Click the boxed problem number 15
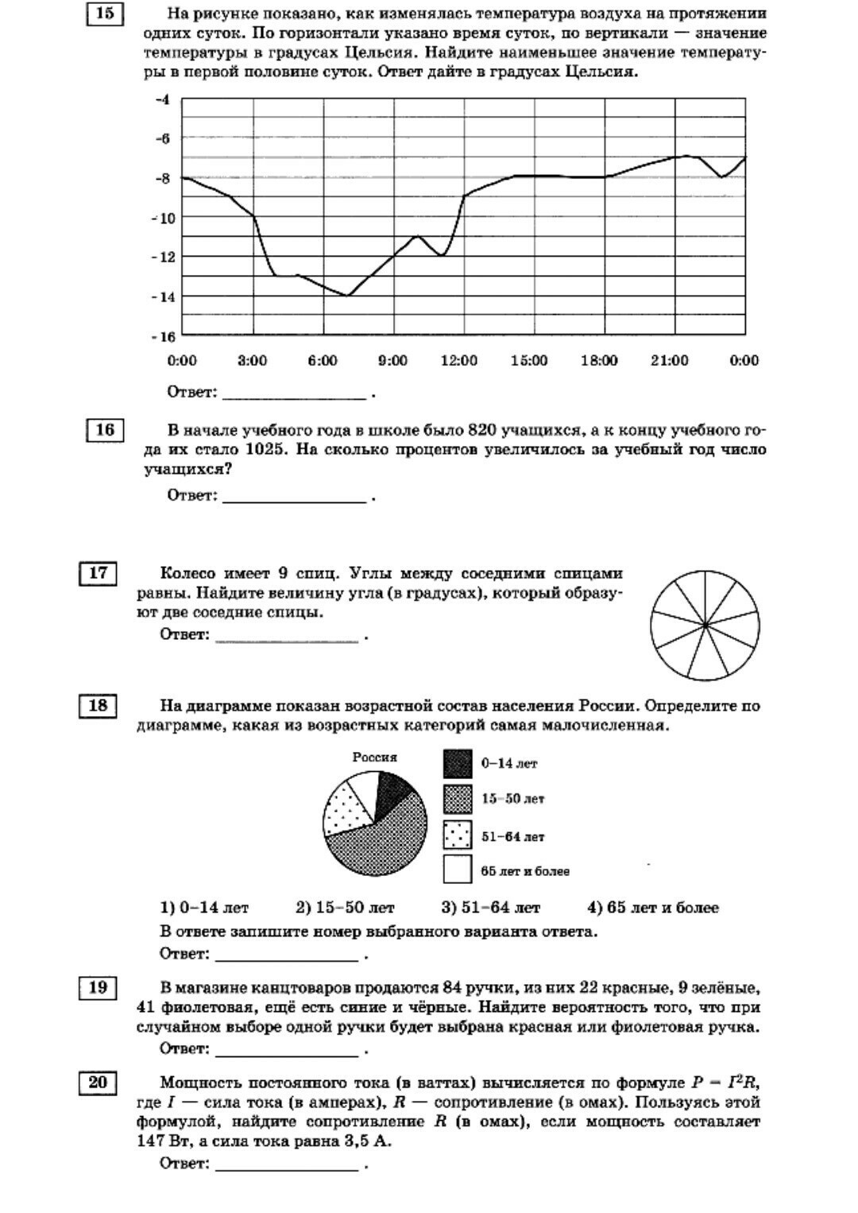105,14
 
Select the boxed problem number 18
98,706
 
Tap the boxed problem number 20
98,1083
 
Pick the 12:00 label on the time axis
459,361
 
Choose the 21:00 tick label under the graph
670,361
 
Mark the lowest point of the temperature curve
347,296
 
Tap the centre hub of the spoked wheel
705,626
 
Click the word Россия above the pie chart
375,758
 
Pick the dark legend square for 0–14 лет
458,764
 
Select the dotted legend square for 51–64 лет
458,835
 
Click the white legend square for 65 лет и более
458,870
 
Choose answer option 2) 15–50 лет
345,908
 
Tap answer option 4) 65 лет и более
652,908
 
